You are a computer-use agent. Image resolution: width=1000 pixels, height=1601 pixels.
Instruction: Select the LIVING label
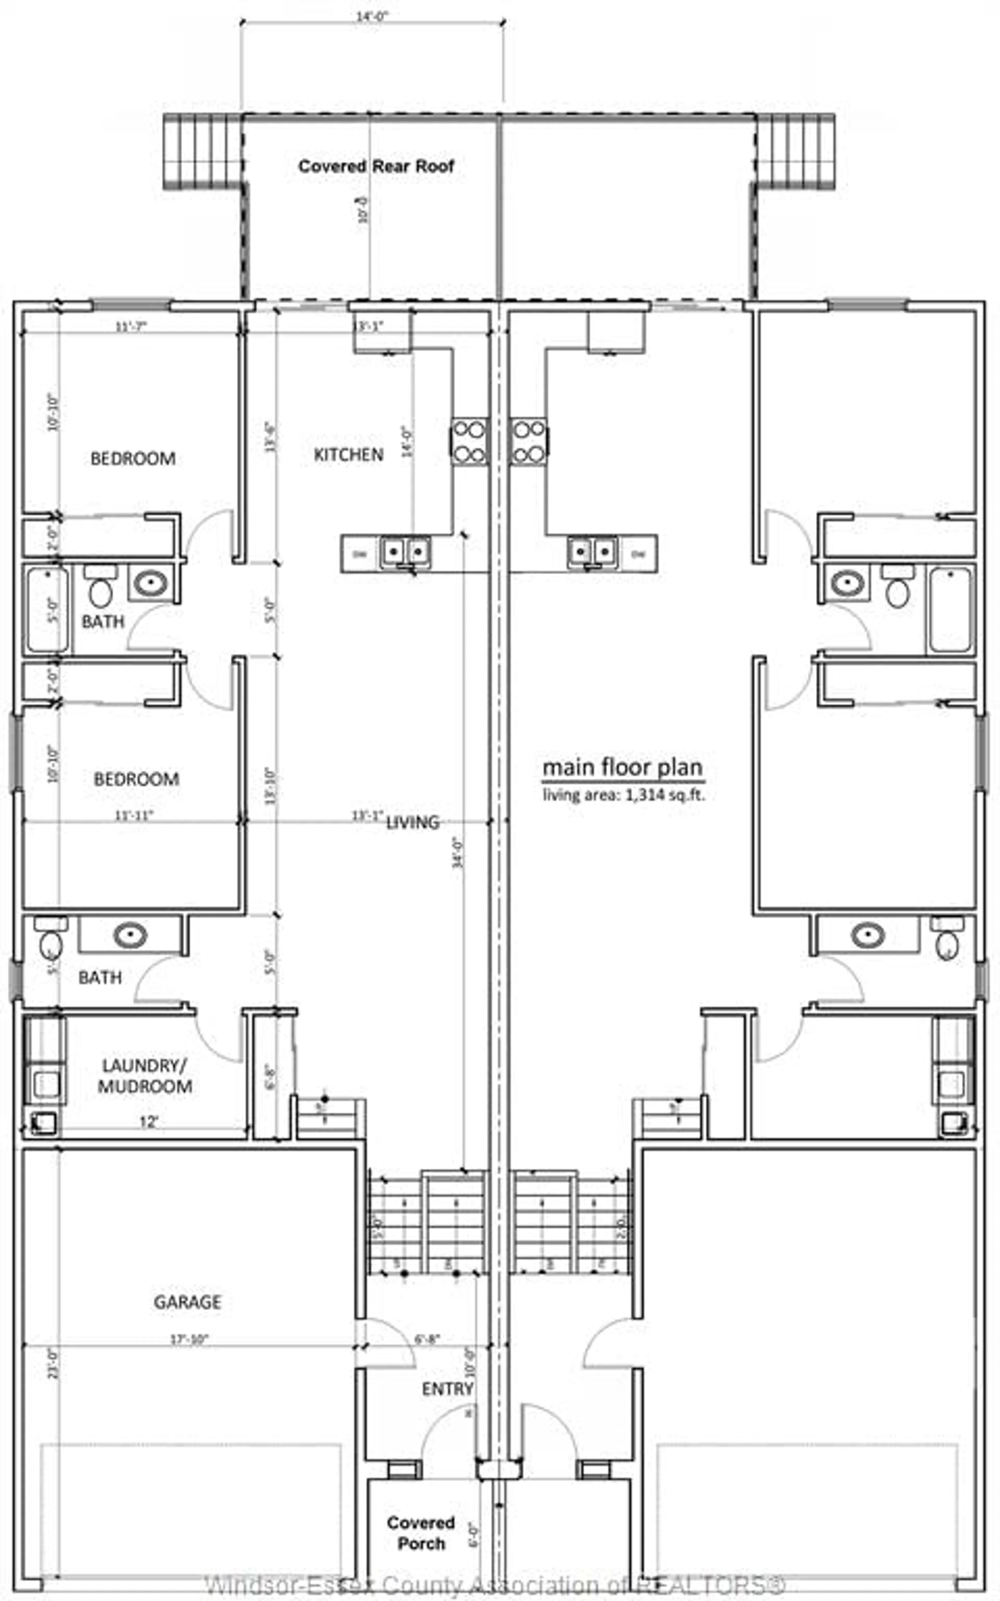tap(413, 822)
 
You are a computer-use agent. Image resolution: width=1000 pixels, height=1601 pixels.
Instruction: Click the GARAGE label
tap(187, 1302)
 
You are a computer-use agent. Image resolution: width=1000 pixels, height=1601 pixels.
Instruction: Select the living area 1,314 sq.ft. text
tap(624, 795)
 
